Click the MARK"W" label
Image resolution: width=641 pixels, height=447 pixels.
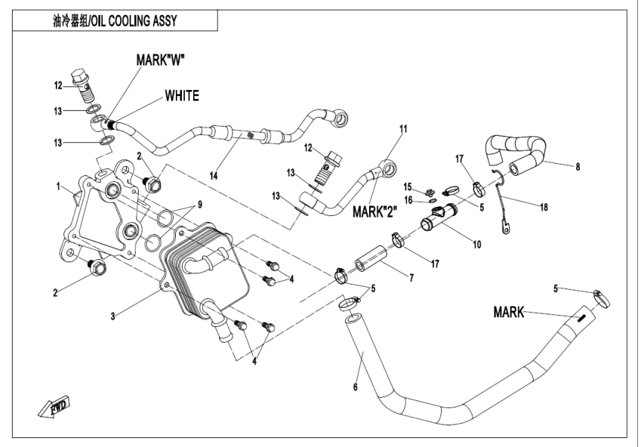point(160,60)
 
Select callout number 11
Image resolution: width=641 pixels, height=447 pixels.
point(402,129)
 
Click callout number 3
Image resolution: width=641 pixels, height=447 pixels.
point(112,317)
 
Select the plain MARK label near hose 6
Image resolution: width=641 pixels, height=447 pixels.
point(510,312)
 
